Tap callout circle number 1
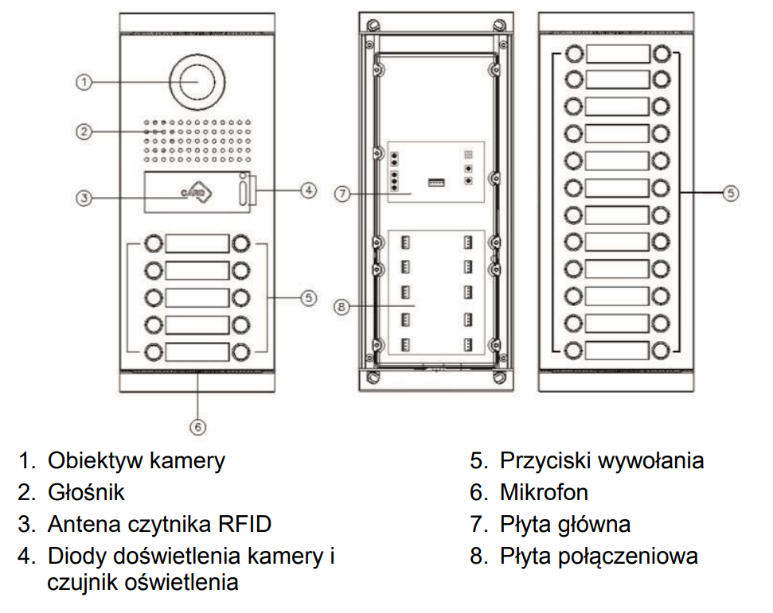pos(84,81)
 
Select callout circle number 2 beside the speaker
pos(84,131)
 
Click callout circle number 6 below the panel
pos(198,425)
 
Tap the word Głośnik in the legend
pos(86,492)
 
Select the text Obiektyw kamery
pos(136,460)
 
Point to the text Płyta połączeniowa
pos(599,556)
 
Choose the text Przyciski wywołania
pos(602,460)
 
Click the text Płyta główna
pos(565,524)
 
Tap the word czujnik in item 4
pos(83,582)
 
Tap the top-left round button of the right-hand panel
pos(573,54)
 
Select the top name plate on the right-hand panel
pos(619,54)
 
